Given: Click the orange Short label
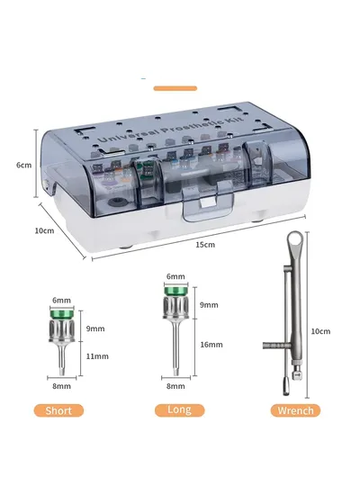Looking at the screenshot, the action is pos(58,410).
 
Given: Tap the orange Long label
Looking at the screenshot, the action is pos(179,409).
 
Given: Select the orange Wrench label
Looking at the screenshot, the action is pos(295,410).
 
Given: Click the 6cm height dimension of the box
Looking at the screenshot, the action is pos(24,165).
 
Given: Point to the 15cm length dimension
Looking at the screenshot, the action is pos(205,245).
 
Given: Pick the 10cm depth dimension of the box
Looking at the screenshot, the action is pos(44,230).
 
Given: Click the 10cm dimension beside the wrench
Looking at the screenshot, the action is pos(320,331).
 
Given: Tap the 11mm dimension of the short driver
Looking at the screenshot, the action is pos(97,356).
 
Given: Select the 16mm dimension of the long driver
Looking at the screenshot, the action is pos(211,345).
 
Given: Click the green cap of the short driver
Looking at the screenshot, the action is pos(62,313).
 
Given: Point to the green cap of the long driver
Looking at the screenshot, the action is pos(175,291).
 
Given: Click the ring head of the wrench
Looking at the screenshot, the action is pos(295,239).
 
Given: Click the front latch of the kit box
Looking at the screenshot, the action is pos(208,203).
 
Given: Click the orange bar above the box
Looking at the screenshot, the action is pos(175,88).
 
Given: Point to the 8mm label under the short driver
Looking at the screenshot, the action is pos(62,386).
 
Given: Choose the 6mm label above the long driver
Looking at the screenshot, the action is pos(175,276).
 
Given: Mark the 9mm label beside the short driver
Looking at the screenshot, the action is pos(95,328).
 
